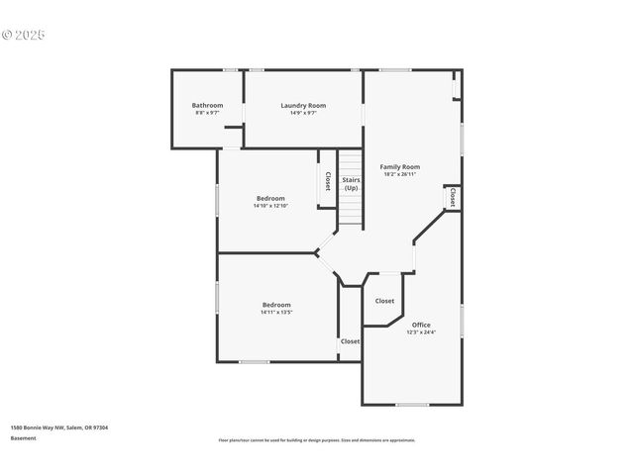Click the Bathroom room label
[207, 106]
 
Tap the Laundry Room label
[303, 106]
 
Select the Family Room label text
[400, 167]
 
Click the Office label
[421, 325]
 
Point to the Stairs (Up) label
[351, 183]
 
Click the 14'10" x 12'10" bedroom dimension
[269, 206]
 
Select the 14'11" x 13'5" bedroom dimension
[276, 313]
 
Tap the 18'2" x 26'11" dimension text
[400, 175]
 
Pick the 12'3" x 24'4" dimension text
[421, 332]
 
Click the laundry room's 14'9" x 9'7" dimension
[303, 113]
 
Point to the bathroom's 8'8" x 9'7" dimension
[207, 113]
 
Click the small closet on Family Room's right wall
[452, 197]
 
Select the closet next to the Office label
[384, 301]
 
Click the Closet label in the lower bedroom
[351, 341]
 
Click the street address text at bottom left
[59, 427]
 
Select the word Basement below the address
[24, 437]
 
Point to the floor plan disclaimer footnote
[317, 440]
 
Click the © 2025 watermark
[24, 35]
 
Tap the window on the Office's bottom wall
[412, 405]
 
